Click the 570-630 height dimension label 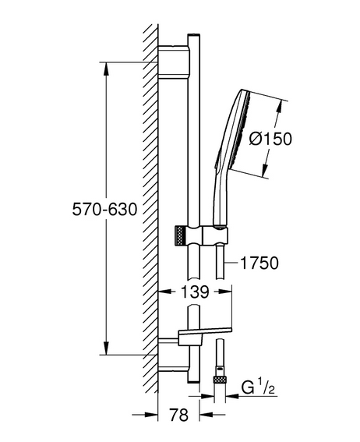pos(104,210)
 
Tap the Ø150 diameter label pos(270,139)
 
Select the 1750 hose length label pos(259,263)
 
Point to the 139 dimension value pos(195,292)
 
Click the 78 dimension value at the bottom pos(179,415)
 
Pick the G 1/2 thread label pos(258,387)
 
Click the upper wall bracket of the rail pos(174,62)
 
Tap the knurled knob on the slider pos(180,235)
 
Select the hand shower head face pos(243,129)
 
